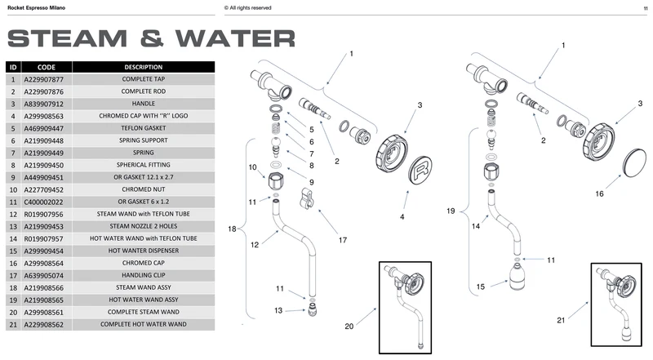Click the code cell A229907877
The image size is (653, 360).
coord(47,79)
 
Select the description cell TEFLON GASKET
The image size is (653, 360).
coord(144,128)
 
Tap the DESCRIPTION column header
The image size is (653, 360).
coord(144,67)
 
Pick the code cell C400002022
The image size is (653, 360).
coord(47,202)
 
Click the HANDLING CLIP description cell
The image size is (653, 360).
coord(144,275)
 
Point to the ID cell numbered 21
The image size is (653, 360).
coord(13,325)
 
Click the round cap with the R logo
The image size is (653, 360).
coord(420,170)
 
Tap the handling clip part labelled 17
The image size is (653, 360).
coord(306,198)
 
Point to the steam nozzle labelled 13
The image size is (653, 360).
coord(312,310)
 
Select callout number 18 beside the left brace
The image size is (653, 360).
coord(232,229)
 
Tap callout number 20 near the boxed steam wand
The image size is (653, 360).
coord(349,327)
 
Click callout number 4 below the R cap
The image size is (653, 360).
coord(402,216)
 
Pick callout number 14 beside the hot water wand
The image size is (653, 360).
coord(476,226)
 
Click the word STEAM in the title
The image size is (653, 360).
coord(67,38)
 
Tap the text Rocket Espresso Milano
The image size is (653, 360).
coord(36,8)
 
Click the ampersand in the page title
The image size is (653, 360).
coord(152,38)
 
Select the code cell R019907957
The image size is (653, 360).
coord(47,238)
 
